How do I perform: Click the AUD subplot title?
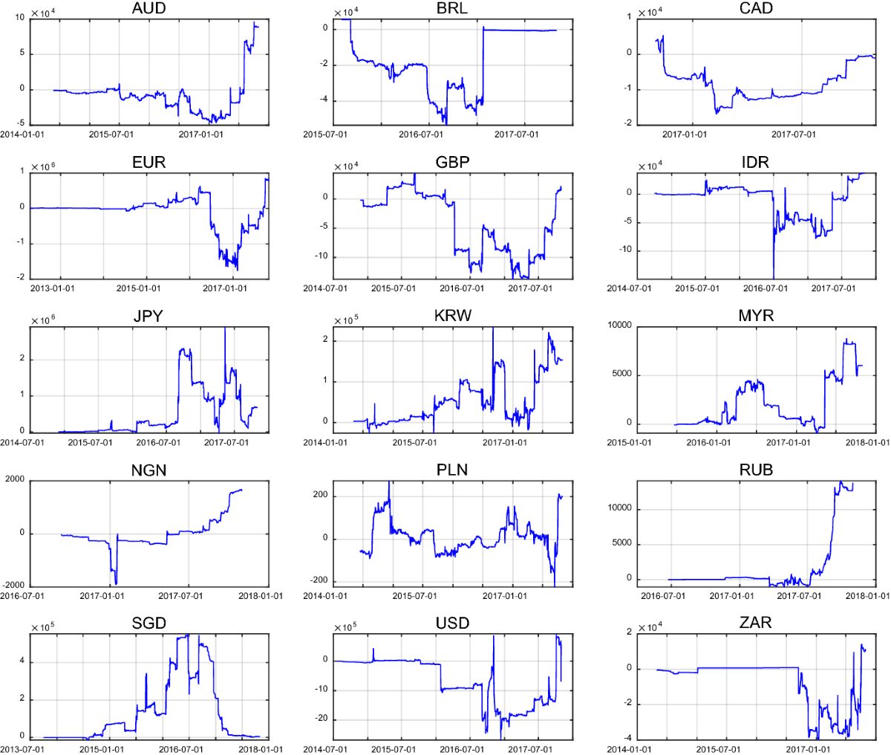coord(148,8)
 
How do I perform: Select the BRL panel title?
coord(452,8)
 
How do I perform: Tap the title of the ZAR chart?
coord(755,623)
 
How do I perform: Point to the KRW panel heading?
coord(452,316)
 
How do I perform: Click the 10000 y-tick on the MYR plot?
coord(619,325)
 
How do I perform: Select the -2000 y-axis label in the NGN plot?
coord(15,586)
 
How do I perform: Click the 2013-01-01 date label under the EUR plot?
coord(51,288)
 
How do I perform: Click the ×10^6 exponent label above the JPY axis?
coord(43,320)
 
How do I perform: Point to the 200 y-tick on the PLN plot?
coord(319,495)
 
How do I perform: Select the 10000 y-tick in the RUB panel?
coord(619,508)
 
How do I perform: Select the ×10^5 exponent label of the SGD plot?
coord(43,628)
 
